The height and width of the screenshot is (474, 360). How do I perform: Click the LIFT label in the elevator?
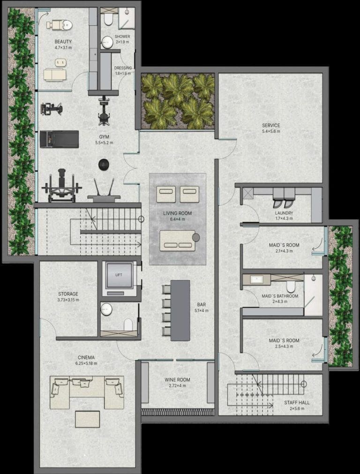(x=119, y=275)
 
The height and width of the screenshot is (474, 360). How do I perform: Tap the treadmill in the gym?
(x=59, y=139)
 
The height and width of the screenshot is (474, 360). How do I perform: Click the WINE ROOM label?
(x=178, y=380)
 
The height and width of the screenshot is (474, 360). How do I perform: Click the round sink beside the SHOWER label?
(x=107, y=42)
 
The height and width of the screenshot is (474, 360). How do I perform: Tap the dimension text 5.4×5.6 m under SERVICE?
(x=271, y=131)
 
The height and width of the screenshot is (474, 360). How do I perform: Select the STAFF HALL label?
(x=297, y=403)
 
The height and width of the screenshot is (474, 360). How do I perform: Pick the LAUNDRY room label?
(x=284, y=213)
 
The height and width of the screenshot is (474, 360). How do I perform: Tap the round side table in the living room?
(x=196, y=237)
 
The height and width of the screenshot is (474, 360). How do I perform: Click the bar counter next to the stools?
(x=180, y=310)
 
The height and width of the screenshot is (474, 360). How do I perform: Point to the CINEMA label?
(x=86, y=357)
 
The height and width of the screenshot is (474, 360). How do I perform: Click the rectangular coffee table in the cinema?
(x=87, y=419)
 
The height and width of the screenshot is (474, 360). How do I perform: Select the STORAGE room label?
(x=68, y=294)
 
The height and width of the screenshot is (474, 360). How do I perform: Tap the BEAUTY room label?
(x=63, y=41)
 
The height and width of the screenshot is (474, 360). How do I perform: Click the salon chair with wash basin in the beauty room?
(x=60, y=25)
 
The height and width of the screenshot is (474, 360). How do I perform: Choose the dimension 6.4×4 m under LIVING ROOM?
(x=177, y=219)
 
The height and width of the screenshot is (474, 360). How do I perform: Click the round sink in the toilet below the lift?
(x=106, y=309)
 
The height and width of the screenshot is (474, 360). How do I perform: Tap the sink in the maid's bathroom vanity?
(x=256, y=279)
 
